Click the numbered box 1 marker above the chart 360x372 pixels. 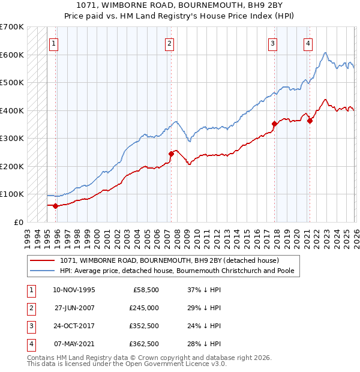[54, 43]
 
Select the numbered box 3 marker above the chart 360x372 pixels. [272, 43]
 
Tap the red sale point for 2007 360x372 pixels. [171, 154]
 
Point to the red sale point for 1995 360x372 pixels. [55, 206]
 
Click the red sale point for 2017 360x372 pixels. [274, 124]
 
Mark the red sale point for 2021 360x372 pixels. [310, 121]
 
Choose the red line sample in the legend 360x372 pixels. [43, 261]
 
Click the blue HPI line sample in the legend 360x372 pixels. [43, 271]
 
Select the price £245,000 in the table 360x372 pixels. [144, 307]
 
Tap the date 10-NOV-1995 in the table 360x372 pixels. [74, 289]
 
